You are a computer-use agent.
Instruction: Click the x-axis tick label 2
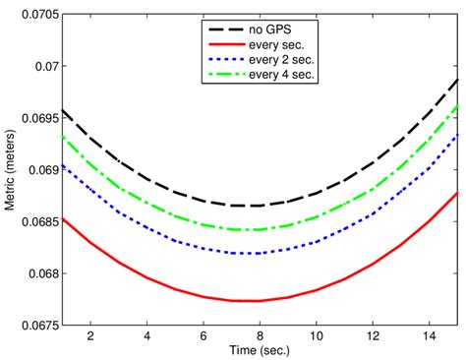click(x=89, y=336)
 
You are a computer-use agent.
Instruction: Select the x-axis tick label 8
click(x=260, y=336)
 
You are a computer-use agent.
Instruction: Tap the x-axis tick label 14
click(x=429, y=336)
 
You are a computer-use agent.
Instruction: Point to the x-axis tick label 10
click(x=316, y=336)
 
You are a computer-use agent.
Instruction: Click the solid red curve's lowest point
click(x=246, y=300)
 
